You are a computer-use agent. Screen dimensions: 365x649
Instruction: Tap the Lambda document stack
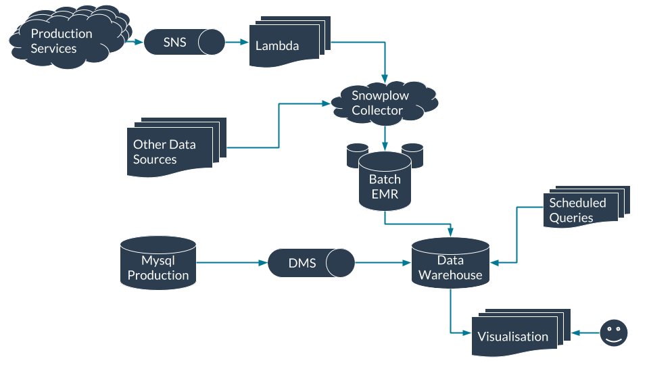pos(284,46)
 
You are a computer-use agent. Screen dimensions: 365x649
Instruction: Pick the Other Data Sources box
pos(170,151)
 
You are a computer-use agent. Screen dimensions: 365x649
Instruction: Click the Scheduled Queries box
pos(581,209)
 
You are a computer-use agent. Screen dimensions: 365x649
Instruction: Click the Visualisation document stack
pos(517,334)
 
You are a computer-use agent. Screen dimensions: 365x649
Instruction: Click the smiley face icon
pos(613,333)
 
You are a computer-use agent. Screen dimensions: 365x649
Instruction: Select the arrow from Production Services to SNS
pos(134,42)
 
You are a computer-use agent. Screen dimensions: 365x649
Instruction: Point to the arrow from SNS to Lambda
pos(237,42)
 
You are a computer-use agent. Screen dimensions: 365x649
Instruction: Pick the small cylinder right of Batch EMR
pos(412,155)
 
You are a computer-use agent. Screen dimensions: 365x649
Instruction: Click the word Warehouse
pos(450,275)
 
